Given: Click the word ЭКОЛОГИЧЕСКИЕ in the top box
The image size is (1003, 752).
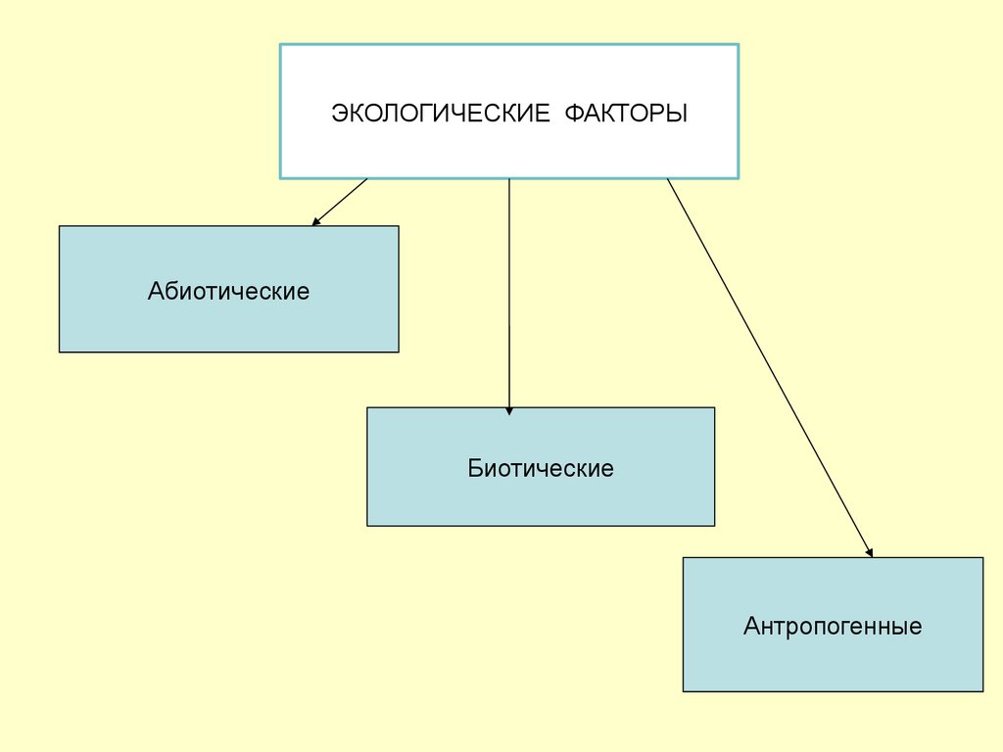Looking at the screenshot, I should [x=440, y=113].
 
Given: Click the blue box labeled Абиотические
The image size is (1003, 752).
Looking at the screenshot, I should [x=228, y=323].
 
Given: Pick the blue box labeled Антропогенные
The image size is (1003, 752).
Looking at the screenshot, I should [x=833, y=661].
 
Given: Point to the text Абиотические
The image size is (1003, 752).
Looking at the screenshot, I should [x=228, y=291].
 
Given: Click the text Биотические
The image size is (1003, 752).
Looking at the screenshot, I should [x=541, y=468].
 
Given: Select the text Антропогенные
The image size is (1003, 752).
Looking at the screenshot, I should [x=833, y=626].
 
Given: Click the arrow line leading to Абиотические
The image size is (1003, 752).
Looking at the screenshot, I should [x=341, y=201].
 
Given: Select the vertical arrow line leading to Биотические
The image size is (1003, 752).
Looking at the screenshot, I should [x=509, y=294].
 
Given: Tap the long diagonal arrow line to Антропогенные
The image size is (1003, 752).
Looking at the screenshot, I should [x=769, y=367].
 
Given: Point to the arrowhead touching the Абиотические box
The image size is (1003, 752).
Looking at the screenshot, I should [x=315, y=222].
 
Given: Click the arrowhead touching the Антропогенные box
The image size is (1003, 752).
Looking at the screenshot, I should [x=869, y=552].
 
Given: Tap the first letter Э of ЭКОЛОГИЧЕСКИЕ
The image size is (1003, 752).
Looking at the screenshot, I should [x=338, y=113].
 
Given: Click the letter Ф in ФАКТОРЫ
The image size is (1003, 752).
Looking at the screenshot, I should [x=572, y=113].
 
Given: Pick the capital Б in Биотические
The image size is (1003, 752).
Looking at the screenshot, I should [x=474, y=468].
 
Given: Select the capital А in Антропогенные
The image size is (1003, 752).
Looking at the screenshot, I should [x=751, y=626].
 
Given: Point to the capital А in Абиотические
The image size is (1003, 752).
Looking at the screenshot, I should [x=156, y=291].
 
